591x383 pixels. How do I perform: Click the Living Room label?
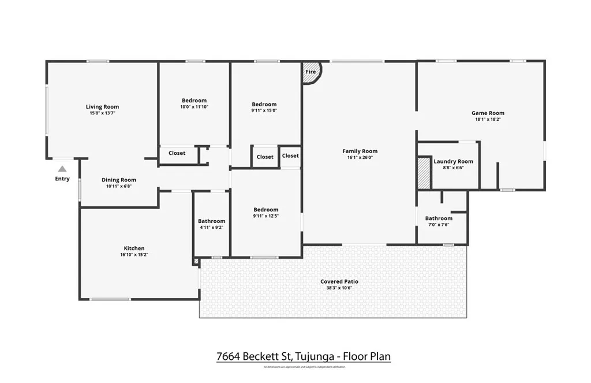coord(102,107)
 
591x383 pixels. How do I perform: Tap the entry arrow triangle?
coord(62,169)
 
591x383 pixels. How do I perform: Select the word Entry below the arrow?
coord(62,179)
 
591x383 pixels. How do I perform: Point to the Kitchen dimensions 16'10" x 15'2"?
coord(134,255)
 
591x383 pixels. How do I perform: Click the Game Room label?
coord(488,113)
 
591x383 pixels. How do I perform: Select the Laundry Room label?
coord(453,162)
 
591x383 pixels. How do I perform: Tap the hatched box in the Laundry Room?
coord(424,172)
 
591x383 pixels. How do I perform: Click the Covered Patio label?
coord(339,281)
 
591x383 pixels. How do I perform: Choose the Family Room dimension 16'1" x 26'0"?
coord(360,157)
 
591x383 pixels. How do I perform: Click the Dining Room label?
coord(119,180)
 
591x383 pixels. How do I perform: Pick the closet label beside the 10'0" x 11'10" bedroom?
coord(177,153)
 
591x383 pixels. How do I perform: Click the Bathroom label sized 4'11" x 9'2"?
coord(211,221)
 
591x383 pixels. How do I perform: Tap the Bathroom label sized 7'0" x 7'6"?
coord(439,218)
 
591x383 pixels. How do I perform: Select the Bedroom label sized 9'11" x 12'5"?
coord(265,210)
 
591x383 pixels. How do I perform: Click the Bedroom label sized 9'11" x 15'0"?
coord(264,105)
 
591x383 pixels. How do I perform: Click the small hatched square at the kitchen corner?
coord(197,262)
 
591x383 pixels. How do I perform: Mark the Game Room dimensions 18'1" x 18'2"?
coord(488,120)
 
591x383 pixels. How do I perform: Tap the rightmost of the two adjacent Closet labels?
coord(290,156)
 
